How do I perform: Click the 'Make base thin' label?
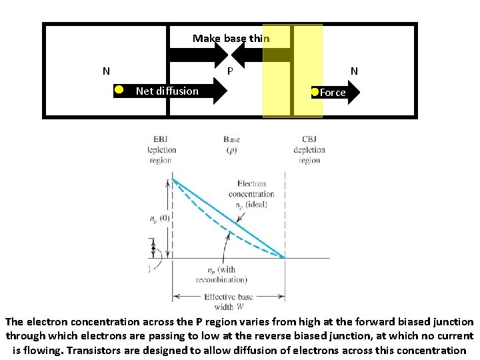[231, 39]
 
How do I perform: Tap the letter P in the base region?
[230, 71]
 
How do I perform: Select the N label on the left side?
[106, 71]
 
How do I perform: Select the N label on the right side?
[354, 71]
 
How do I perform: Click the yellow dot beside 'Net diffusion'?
[117, 89]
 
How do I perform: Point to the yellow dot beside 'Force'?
[315, 92]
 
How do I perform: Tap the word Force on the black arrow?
[333, 93]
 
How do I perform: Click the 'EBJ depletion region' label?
[161, 150]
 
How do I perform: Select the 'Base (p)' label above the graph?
[231, 145]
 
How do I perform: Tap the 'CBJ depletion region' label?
[309, 150]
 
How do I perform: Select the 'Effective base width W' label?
[229, 302]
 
